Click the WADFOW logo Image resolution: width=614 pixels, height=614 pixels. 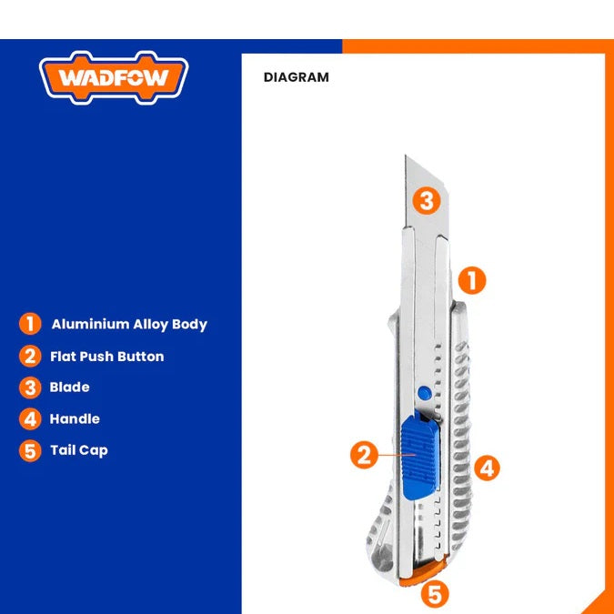114,77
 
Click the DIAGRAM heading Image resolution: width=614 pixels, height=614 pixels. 296,77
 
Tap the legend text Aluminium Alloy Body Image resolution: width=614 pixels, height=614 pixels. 129,325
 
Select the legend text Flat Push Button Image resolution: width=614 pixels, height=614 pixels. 107,357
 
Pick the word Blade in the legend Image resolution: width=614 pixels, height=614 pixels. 69,387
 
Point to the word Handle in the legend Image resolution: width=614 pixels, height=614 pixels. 75,418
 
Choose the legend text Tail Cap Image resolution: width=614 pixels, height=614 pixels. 79,450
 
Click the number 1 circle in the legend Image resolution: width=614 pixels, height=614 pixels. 30,324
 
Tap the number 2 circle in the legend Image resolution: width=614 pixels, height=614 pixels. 30,356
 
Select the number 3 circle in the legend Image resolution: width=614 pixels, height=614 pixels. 30,388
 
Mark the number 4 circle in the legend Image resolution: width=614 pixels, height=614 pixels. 30,419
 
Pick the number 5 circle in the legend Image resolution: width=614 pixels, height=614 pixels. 30,450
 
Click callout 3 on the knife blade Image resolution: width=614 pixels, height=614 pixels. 427,201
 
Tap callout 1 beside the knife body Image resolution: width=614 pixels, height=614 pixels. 472,280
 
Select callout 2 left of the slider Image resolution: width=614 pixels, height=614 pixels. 364,455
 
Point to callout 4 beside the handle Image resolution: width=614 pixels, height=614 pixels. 488,468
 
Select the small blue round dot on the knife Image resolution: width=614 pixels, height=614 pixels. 424,392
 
